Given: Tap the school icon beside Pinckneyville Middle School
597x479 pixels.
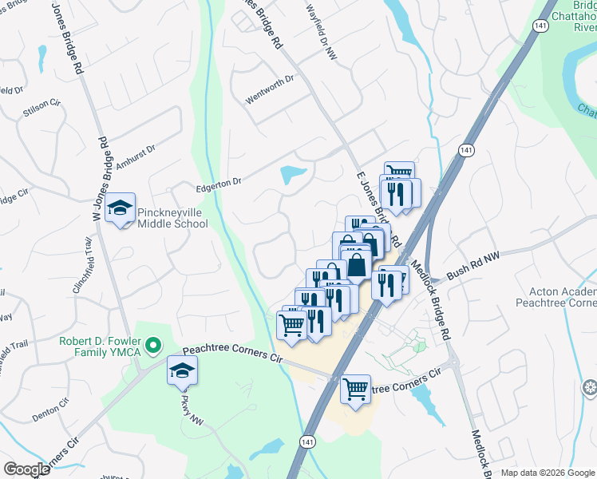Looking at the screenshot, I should (121, 209).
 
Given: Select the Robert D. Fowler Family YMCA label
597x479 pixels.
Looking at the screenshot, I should (100, 346).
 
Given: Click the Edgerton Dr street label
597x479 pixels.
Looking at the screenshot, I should (219, 183).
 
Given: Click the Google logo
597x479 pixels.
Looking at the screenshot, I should (26, 469).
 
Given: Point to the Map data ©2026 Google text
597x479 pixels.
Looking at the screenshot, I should (547, 473).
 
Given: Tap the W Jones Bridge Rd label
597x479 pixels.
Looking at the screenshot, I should (100, 177).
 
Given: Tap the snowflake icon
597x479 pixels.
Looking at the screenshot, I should (591, 389).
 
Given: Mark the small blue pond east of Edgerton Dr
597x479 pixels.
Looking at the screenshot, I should (293, 173).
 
